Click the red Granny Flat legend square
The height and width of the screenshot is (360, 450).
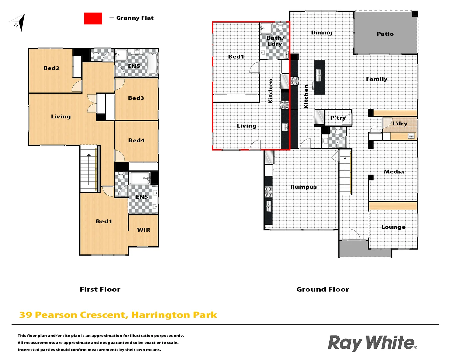[93, 19]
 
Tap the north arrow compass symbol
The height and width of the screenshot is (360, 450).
[18, 23]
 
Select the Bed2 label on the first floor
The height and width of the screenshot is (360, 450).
[51, 68]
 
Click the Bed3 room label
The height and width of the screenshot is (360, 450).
[136, 98]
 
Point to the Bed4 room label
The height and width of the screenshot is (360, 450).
[136, 140]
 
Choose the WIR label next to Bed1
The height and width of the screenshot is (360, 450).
[144, 230]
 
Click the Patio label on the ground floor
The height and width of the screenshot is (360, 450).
[385, 34]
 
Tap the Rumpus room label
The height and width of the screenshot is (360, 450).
[303, 187]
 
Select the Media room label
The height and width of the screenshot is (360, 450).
[394, 172]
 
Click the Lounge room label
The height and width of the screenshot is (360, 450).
[393, 227]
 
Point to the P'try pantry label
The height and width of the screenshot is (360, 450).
[338, 118]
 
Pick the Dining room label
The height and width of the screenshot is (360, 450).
[322, 33]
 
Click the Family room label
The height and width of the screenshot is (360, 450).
[377, 79]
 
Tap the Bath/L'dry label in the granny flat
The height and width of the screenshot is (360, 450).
[274, 41]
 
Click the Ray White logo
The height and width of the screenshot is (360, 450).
[372, 343]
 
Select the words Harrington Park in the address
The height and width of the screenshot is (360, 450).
[174, 315]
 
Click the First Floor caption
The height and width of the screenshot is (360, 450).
[100, 289]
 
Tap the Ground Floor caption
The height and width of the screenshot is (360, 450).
[323, 289]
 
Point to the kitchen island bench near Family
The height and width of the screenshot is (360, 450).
[319, 77]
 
